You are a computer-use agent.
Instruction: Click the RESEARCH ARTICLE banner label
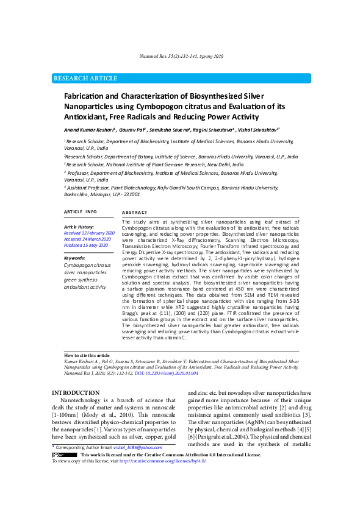point(85,79)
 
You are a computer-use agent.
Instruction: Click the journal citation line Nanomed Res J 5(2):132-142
point(182,56)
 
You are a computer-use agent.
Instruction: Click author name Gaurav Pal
point(132,130)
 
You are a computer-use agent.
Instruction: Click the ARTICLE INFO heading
point(81,211)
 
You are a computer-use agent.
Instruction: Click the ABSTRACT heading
point(135,211)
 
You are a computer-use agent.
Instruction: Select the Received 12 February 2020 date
point(89,233)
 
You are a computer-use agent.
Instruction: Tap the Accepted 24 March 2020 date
point(87,239)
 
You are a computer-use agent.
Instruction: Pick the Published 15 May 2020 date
point(86,245)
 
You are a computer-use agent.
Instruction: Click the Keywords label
point(74,258)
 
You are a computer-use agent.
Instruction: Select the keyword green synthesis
point(84,280)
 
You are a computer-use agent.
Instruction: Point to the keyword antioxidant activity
point(89,286)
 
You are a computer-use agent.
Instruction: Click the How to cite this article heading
point(87,355)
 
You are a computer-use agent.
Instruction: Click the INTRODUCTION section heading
point(76,393)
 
